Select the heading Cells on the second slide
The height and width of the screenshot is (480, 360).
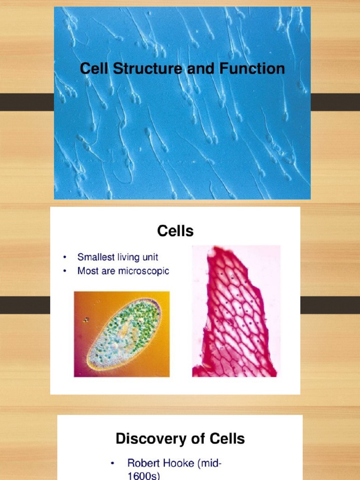coord(175,231)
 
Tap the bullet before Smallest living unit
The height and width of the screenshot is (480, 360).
coord(64,257)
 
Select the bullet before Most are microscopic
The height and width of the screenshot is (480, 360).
coord(64,271)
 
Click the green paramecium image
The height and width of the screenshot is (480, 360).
coord(122,334)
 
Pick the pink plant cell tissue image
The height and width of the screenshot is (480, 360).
coord(236,312)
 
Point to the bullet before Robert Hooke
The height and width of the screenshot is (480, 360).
coord(112,464)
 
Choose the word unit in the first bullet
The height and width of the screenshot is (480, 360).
coord(150,257)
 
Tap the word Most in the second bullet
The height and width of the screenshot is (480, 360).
coord(88,271)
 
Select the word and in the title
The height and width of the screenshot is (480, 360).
coord(200,69)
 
